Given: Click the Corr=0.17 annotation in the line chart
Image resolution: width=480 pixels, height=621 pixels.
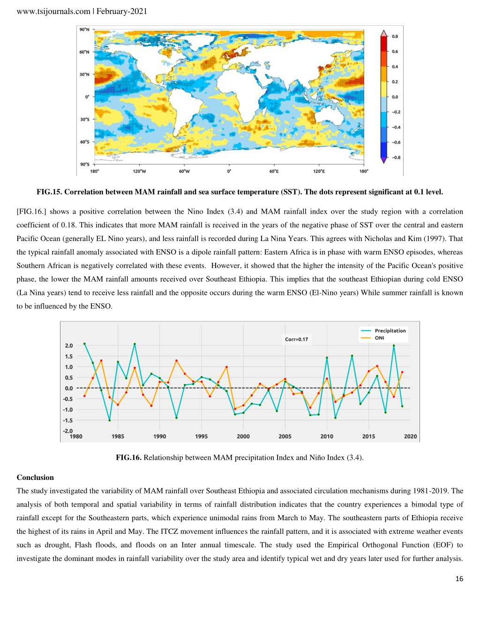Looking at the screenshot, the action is click(296, 339).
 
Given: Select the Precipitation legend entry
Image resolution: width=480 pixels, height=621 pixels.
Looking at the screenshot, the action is click(383, 330).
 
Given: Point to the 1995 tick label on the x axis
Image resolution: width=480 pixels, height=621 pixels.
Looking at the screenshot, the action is click(202, 436).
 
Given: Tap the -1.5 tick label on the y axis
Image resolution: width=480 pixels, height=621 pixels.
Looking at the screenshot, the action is click(68, 420).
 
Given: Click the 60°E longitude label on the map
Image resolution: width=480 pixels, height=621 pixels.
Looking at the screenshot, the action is click(274, 171).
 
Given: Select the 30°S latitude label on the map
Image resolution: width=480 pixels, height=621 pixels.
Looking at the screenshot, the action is click(84, 119).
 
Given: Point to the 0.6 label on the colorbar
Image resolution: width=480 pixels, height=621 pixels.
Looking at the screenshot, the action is click(395, 52).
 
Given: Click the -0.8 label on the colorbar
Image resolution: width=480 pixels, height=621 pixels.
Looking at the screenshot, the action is click(396, 157).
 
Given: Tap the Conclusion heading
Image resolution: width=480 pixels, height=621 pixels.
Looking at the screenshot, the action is click(35, 478).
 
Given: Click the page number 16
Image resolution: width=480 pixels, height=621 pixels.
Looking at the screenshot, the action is click(459, 579).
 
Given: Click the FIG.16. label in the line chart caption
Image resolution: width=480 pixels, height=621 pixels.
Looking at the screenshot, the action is click(128, 457).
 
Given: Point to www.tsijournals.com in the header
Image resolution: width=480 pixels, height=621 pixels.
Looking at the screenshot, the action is click(53, 11).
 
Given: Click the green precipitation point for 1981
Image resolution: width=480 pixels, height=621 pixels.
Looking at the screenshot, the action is click(84, 344).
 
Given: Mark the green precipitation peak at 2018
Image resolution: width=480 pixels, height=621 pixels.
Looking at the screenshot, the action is click(394, 345).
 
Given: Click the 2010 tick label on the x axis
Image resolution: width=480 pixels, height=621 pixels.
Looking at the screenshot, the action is click(327, 436).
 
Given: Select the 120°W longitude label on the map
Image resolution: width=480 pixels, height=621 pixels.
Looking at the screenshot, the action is click(139, 171).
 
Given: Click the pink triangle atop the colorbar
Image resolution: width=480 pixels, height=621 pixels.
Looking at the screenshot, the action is click(384, 33).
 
